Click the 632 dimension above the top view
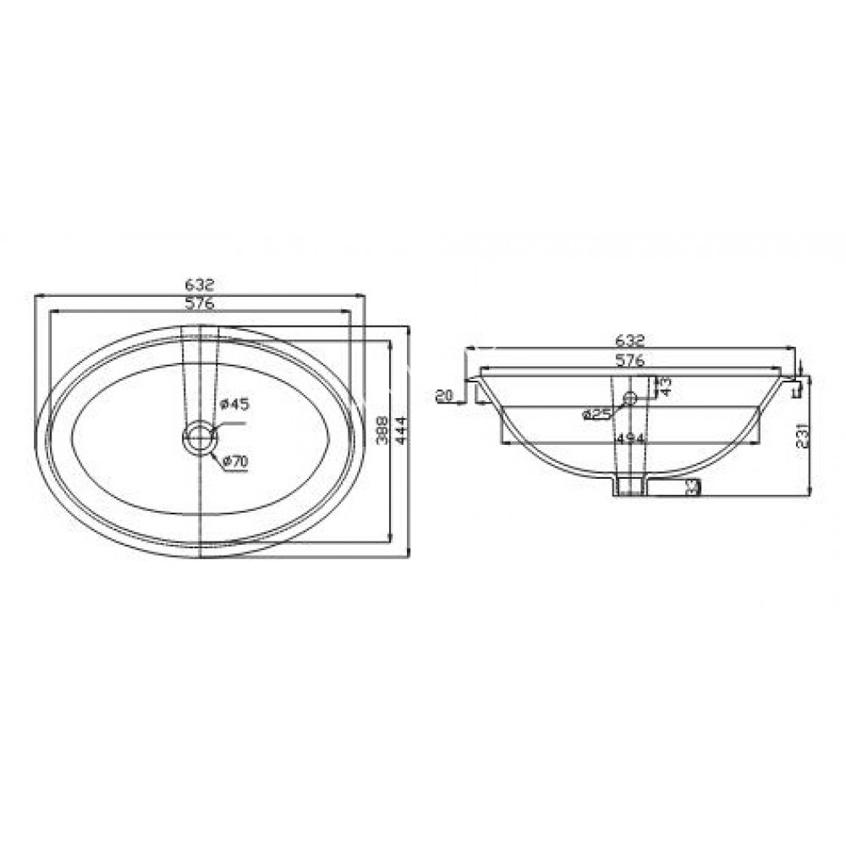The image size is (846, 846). (x=201, y=285)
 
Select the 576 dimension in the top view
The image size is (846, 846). (x=201, y=303)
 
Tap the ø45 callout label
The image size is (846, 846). (x=235, y=404)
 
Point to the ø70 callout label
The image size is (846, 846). (x=234, y=461)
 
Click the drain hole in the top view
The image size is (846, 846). (x=200, y=437)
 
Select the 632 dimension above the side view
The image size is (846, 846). (x=630, y=340)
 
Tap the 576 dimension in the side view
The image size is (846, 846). (x=630, y=360)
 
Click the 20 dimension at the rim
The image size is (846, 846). (x=445, y=395)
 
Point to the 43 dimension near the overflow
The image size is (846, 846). (x=666, y=387)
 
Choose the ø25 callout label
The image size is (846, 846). (x=597, y=414)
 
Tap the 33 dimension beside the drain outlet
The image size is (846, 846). (x=694, y=486)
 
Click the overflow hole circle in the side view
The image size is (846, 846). (x=629, y=397)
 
